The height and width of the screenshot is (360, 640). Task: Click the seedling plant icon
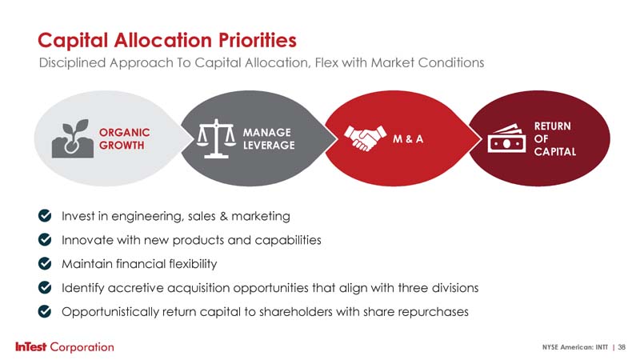coord(73,138)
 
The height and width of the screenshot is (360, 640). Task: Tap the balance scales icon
coord(216,138)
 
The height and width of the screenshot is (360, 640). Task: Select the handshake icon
coord(365,138)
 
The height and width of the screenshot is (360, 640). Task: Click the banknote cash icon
coord(506,138)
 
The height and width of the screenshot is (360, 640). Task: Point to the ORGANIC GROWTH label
coord(125,138)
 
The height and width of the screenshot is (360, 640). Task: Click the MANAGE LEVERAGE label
coord(269,138)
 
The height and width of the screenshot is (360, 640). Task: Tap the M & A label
coord(408,139)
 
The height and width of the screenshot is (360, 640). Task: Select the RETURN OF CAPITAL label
coord(555,138)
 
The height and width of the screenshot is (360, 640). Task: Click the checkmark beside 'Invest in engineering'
coord(45,215)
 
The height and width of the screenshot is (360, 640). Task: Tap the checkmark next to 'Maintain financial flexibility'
coord(45,264)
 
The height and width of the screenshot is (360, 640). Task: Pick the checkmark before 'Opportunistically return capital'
coord(45,311)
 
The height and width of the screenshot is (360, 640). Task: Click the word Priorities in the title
coord(258,40)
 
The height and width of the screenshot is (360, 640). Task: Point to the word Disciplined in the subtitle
coord(72,63)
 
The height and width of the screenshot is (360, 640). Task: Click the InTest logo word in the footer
coord(31,347)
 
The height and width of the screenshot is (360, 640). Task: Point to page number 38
coord(622,347)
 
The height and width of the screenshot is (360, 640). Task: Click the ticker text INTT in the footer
coord(602,347)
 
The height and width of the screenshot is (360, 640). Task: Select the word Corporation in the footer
coord(82,347)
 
